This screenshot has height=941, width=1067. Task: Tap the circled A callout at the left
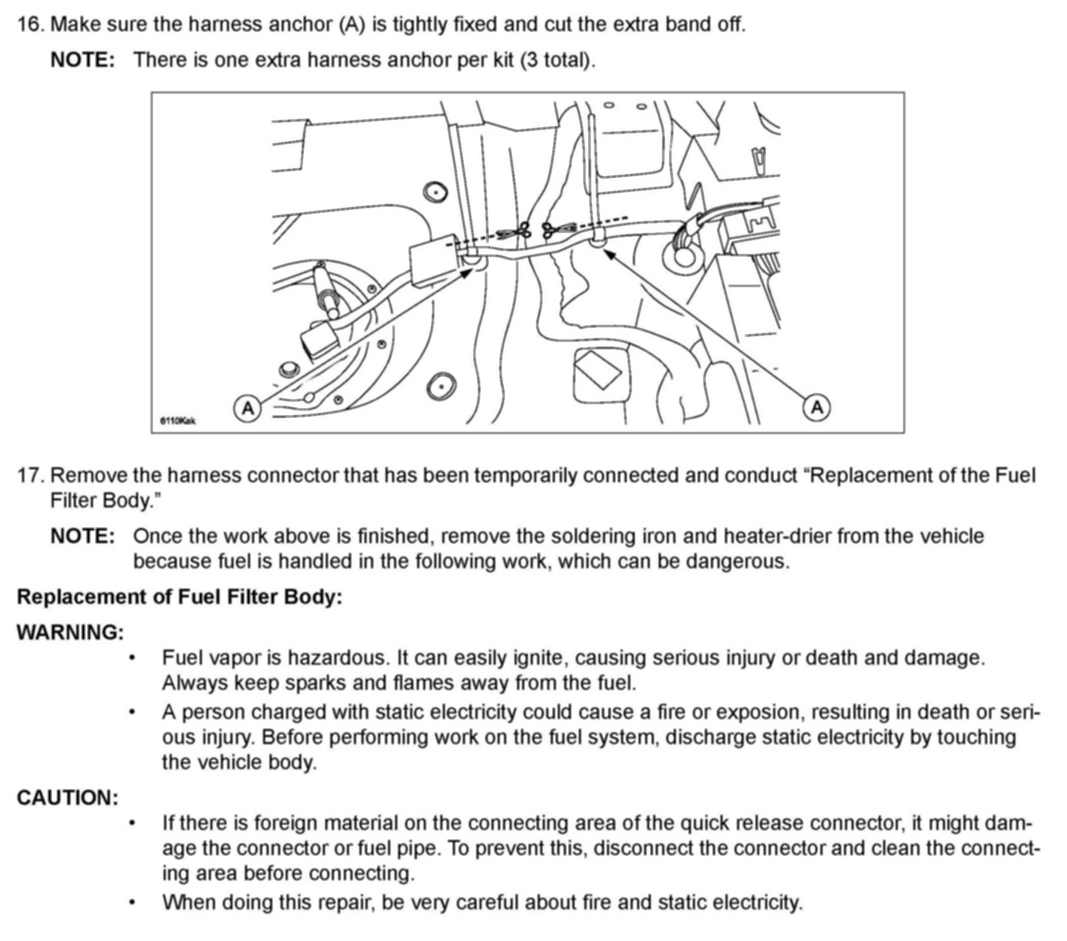pyautogui.click(x=248, y=408)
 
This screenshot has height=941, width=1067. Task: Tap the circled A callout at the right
pyautogui.click(x=816, y=407)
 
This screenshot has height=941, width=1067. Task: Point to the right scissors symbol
pyautogui.click(x=551, y=229)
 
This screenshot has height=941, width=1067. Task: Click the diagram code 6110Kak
pyautogui.click(x=177, y=421)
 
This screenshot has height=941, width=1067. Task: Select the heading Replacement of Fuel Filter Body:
pyautogui.click(x=180, y=597)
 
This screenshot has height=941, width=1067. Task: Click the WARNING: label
pyautogui.click(x=70, y=633)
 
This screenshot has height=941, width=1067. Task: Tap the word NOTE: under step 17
pyautogui.click(x=82, y=536)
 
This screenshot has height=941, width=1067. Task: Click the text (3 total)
pyautogui.click(x=557, y=60)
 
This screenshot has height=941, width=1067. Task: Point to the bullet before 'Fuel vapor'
pyautogui.click(x=133, y=659)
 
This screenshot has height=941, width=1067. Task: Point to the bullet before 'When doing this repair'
pyautogui.click(x=133, y=903)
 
